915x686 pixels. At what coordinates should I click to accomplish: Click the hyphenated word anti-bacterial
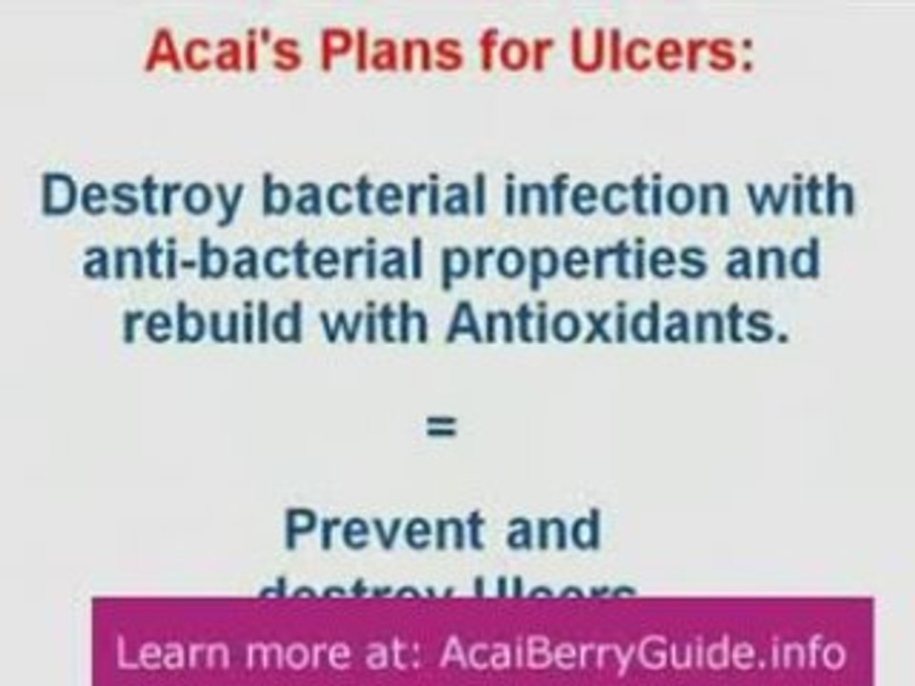pyautogui.click(x=254, y=260)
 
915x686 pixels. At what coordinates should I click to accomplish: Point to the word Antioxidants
pyautogui.click(x=620, y=324)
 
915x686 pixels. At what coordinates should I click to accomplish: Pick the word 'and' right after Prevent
pyautogui.click(x=554, y=530)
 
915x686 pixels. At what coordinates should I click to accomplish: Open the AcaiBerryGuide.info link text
pyautogui.click(x=642, y=654)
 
